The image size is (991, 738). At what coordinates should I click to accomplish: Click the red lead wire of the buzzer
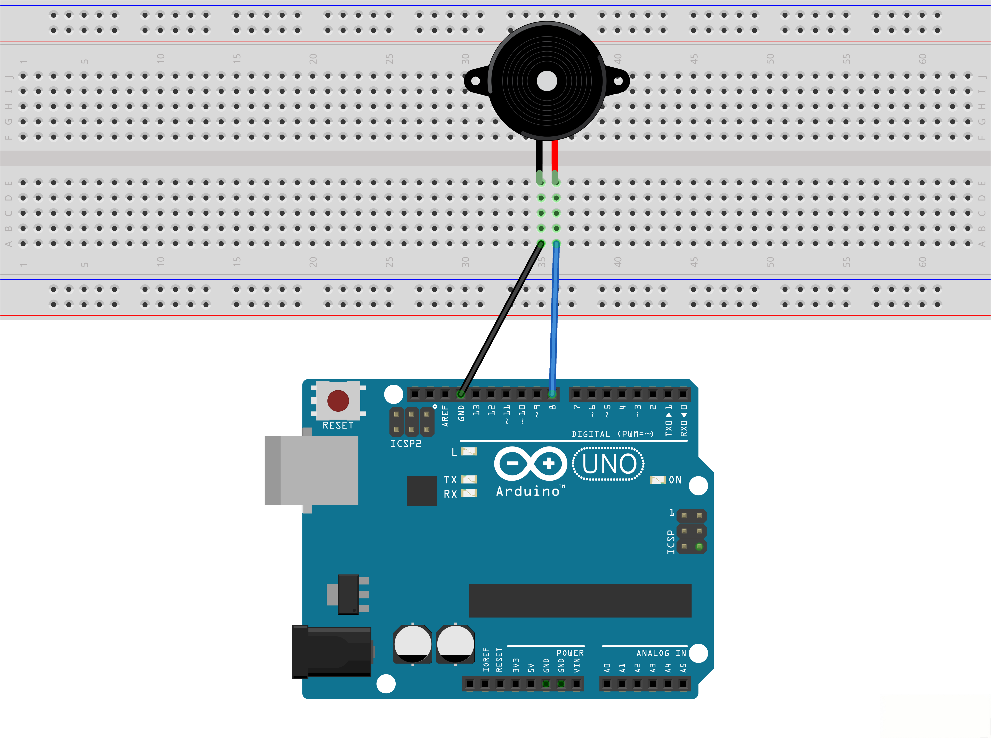point(555,156)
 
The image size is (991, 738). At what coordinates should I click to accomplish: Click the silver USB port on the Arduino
point(311,470)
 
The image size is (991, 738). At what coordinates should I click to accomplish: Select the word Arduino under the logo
point(528,491)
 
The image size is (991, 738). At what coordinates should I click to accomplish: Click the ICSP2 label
point(405,444)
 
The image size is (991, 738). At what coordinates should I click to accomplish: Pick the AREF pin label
point(445,415)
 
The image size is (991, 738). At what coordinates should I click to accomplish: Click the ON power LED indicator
point(658,480)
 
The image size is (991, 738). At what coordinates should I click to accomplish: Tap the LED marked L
point(469,452)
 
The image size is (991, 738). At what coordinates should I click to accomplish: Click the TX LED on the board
point(469,479)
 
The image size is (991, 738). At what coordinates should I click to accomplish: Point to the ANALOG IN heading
point(661,653)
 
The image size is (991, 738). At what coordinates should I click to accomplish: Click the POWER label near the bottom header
point(570,653)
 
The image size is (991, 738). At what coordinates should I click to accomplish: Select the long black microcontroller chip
point(580,600)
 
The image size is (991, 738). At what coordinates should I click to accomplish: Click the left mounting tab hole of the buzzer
point(475,81)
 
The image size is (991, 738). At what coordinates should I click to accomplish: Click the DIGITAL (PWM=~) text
point(612,434)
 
